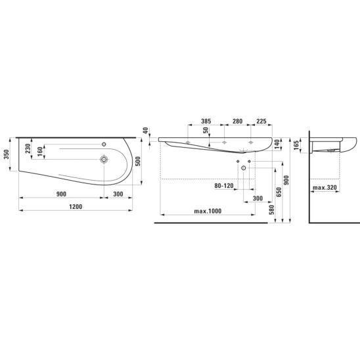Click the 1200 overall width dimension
coord(76,207)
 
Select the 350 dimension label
coord(7,154)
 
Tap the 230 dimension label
coord(28,148)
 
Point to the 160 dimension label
coord(40,152)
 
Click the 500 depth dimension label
coord(138,162)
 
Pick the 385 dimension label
coord(206,122)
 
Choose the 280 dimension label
coord(237,122)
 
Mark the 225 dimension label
coord(261,122)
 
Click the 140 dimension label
coord(277,144)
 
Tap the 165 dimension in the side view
coord(296,145)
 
